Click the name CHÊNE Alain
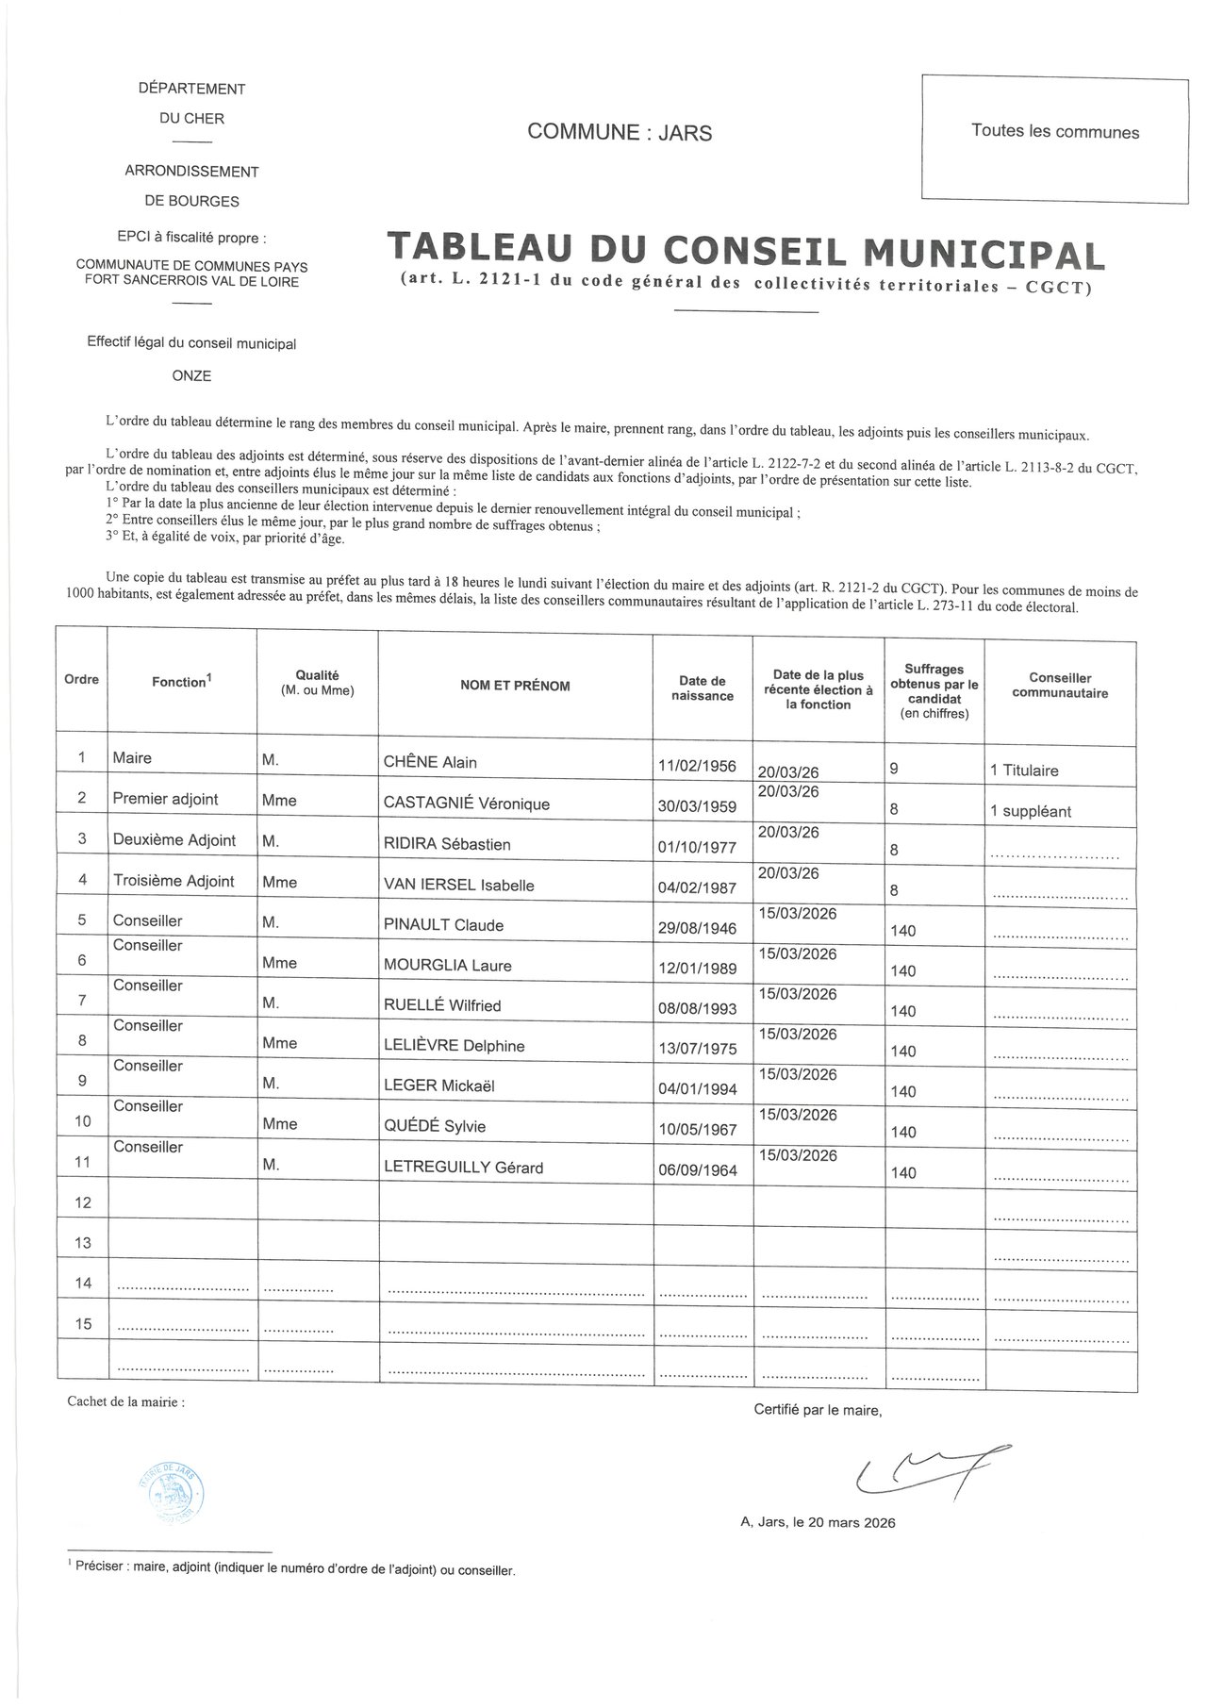(x=430, y=763)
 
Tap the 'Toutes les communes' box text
(x=1055, y=132)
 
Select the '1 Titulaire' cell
(x=1024, y=771)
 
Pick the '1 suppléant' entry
(x=1031, y=811)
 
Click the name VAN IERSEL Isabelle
(x=458, y=886)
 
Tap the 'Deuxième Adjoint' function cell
(x=174, y=840)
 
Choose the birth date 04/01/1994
(x=696, y=1089)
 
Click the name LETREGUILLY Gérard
(x=463, y=1168)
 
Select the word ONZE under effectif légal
(x=191, y=376)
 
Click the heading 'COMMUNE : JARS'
(x=620, y=133)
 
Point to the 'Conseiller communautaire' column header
(x=1060, y=686)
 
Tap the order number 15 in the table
(x=83, y=1324)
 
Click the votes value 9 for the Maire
(x=894, y=770)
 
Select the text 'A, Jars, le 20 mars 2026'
(x=818, y=1523)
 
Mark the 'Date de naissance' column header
(x=703, y=688)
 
